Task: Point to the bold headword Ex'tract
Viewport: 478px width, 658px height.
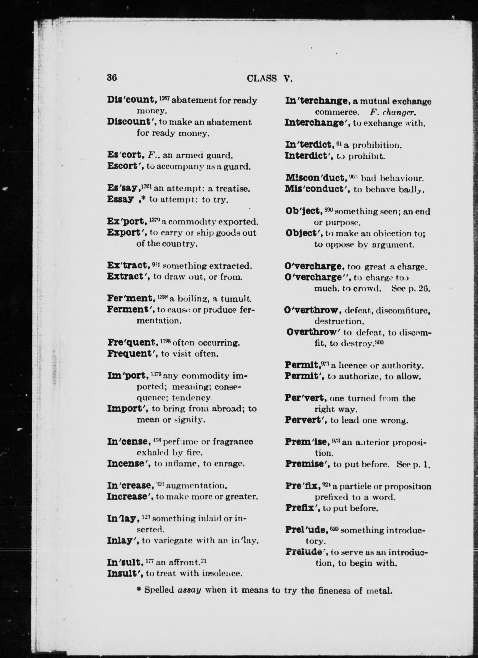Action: coord(129,265)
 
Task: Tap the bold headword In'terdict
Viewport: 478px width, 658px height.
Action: coord(309,144)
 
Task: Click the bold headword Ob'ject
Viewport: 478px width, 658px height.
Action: coord(304,211)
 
